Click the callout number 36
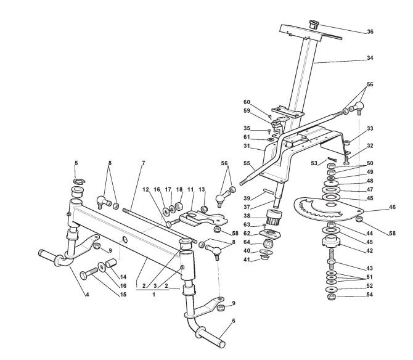[370, 31]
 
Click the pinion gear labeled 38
[273, 218]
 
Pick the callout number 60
[247, 102]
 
